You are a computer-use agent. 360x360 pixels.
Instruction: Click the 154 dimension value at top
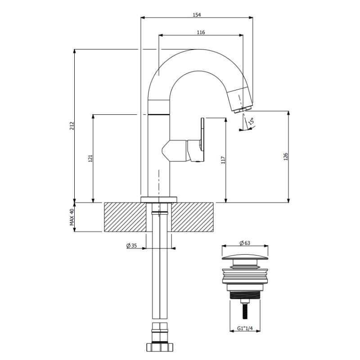tap(197, 15)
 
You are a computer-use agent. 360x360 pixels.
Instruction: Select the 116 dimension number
tap(201, 32)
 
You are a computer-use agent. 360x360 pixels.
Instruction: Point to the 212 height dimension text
tap(72, 126)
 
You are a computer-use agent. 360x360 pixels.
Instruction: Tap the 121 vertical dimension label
tap(90, 158)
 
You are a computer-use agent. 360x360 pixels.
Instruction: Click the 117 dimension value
tap(223, 160)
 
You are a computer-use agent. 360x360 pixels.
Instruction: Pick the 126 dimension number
tap(286, 157)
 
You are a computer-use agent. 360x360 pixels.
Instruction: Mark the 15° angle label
tap(251, 121)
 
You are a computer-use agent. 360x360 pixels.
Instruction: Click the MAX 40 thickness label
tap(72, 217)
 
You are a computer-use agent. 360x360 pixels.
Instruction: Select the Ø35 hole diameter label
tap(131, 245)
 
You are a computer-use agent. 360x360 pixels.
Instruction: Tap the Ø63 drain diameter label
tap(245, 243)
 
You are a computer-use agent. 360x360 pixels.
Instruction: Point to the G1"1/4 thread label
tap(245, 328)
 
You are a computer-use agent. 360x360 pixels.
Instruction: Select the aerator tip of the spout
tap(243, 109)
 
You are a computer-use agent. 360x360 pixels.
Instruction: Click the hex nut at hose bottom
tap(160, 347)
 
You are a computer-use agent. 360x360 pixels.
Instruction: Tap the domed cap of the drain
tap(245, 257)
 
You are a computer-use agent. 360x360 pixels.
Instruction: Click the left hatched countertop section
tap(125, 217)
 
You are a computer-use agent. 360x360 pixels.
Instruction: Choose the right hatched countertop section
tap(193, 217)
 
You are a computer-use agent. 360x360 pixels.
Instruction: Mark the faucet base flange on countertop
tap(159, 199)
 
